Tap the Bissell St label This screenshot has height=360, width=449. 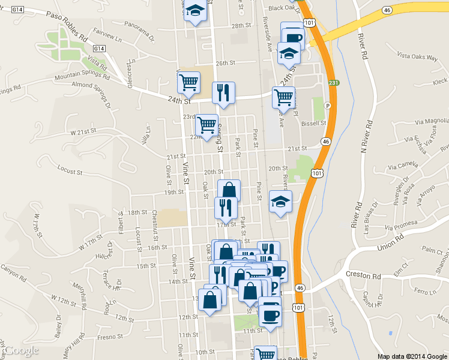(314, 123)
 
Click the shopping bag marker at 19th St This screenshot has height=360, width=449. (229, 190)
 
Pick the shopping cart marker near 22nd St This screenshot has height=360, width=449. (206, 124)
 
